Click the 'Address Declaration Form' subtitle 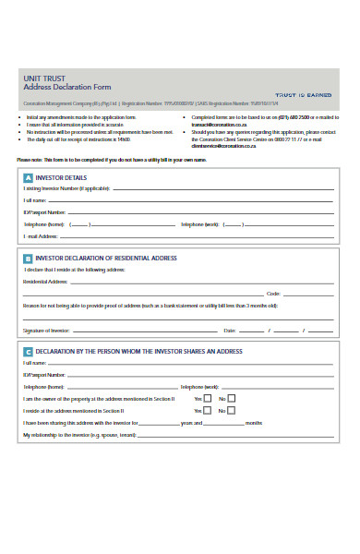tap(60, 90)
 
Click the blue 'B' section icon tap(28, 259)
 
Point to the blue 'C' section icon tap(28, 352)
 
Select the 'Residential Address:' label tap(46, 281)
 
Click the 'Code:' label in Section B tap(273, 293)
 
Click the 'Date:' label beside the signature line tap(230, 330)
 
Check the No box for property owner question tap(232, 398)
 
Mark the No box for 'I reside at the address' tap(232, 410)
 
